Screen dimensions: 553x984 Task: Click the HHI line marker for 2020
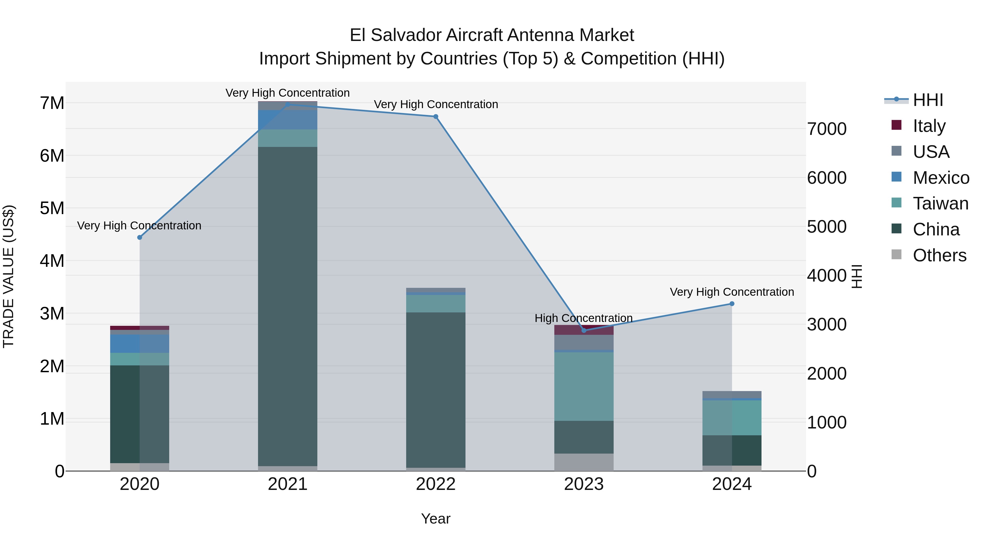140,237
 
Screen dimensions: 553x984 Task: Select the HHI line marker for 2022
436,116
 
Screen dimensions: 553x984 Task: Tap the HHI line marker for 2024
732,304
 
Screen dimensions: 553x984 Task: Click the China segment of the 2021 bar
288,305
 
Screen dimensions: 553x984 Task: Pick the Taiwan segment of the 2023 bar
584,386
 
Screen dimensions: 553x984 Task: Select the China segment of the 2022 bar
436,389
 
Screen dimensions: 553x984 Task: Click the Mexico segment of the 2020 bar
140,344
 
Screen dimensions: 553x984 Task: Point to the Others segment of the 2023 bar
584,462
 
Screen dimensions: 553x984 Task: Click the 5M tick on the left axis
52,208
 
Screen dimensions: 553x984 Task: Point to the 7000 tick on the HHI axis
827,129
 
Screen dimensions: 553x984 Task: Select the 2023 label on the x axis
584,484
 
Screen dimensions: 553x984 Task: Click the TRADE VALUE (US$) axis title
8,276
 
